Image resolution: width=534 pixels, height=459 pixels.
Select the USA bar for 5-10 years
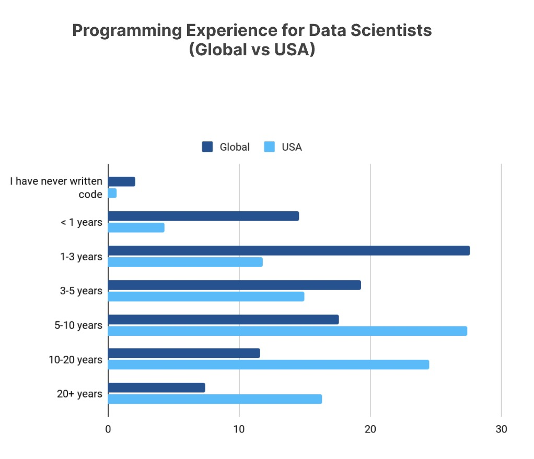pyautogui.click(x=287, y=331)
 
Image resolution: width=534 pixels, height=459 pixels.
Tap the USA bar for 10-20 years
pyautogui.click(x=268, y=365)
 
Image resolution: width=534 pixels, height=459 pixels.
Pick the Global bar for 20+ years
pyautogui.click(x=156, y=388)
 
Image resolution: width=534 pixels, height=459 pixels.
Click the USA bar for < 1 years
pyautogui.click(x=136, y=227)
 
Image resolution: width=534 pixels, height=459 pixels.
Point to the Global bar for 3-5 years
pyautogui.click(x=234, y=285)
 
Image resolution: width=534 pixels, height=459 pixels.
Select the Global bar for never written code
pyautogui.click(x=121, y=182)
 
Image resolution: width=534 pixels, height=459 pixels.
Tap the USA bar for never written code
pyautogui.click(x=112, y=194)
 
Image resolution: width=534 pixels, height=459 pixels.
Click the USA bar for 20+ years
pyautogui.click(x=215, y=399)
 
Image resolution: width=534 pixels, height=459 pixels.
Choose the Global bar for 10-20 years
pyautogui.click(x=183, y=353)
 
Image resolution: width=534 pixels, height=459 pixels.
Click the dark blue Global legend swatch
pyautogui.click(x=207, y=147)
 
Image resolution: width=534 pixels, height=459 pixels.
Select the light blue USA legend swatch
pyautogui.click(x=270, y=147)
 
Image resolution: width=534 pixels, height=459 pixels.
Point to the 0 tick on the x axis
pyautogui.click(x=108, y=429)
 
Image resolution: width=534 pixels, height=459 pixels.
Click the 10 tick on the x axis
pyautogui.click(x=239, y=429)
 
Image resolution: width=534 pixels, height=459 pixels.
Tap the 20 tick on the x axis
pyautogui.click(x=370, y=429)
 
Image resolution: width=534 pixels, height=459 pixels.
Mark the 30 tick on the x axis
pyautogui.click(x=501, y=429)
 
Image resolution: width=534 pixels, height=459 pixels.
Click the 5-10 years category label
pyautogui.click(x=78, y=325)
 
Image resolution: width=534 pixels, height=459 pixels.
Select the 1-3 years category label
pyautogui.click(x=82, y=257)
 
